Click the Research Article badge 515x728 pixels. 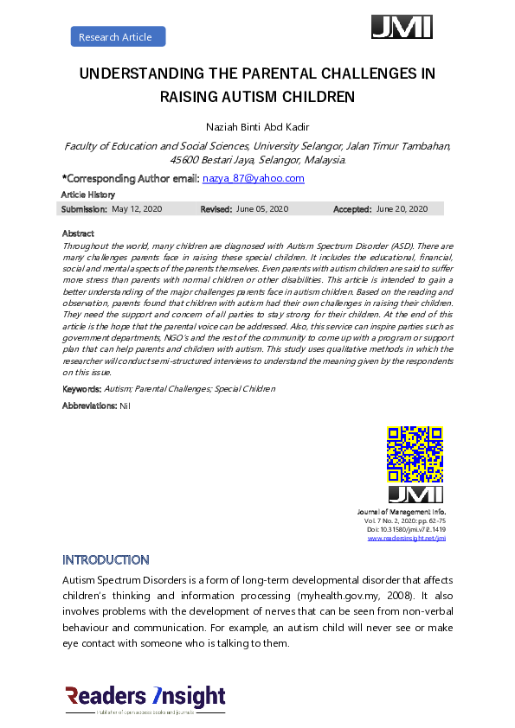[x=117, y=36]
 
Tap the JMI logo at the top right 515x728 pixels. [x=402, y=27]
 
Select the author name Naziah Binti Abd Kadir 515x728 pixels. [x=258, y=128]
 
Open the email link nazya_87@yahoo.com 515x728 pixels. [x=253, y=178]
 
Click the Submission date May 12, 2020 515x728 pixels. [x=138, y=209]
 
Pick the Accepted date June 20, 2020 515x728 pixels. [x=402, y=209]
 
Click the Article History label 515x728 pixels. [x=88, y=195]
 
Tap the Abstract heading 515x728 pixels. [x=78, y=233]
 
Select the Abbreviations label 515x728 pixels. [x=89, y=405]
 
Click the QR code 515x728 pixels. [x=415, y=453]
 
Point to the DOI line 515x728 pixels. [x=407, y=529]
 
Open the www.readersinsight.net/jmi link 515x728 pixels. [x=406, y=538]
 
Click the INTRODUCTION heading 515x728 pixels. [x=106, y=560]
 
